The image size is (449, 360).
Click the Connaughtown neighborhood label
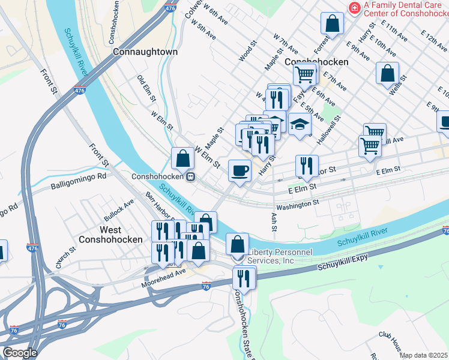pyautogui.click(x=145, y=52)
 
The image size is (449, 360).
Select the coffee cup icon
pyautogui.click(x=240, y=170)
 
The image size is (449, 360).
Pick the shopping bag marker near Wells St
pyautogui.click(x=387, y=73)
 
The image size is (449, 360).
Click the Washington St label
pyautogui.click(x=298, y=205)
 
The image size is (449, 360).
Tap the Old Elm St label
pyautogui.click(x=147, y=88)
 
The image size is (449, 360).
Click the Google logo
pyautogui.click(x=19, y=352)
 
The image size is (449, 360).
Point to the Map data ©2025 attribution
pyautogui.click(x=424, y=355)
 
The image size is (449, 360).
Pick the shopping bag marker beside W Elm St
pyautogui.click(x=182, y=158)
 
